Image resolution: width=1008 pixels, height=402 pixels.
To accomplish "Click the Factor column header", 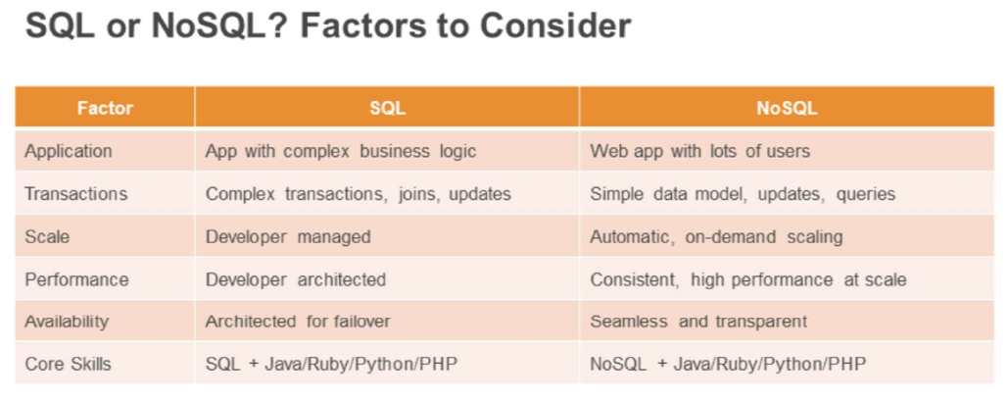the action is point(105,108).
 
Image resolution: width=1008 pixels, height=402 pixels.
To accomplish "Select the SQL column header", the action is point(387,108).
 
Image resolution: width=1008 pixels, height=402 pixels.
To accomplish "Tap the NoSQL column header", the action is point(787,108).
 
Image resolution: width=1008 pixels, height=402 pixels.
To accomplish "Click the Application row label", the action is point(69,151).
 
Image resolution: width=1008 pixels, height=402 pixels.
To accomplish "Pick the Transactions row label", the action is point(75,193).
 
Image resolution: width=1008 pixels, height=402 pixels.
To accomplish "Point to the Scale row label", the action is point(47,236).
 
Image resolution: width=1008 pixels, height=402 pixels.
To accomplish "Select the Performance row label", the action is point(76,279).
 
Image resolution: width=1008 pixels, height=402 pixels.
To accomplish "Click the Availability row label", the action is point(67,321).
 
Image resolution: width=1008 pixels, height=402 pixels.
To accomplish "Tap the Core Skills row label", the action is point(68,364).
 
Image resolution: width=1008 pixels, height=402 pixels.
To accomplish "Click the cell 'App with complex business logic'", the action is point(341,151).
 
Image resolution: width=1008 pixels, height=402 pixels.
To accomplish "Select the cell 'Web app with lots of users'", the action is point(700,151).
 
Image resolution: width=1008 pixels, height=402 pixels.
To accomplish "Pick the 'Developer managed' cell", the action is point(288,237).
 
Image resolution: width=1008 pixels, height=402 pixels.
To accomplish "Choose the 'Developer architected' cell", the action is point(296,279).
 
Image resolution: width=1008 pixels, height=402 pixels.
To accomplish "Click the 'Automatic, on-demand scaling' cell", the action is point(716,237).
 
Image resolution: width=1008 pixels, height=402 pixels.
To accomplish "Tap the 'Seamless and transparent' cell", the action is point(698,321).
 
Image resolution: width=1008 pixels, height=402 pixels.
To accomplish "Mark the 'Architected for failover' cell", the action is point(298,321).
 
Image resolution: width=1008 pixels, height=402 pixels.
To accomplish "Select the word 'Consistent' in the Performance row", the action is point(635,280).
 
